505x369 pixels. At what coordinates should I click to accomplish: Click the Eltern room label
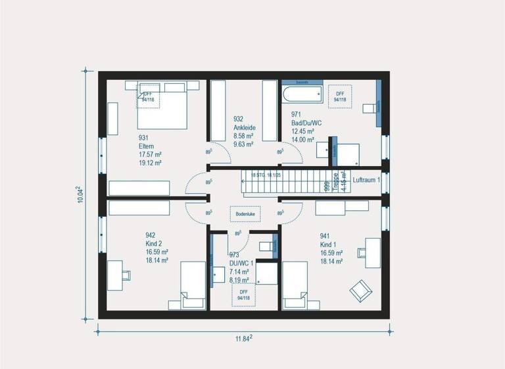(146, 146)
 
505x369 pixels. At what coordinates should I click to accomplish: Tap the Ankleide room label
(244, 128)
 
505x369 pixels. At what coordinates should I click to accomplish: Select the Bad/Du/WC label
(306, 123)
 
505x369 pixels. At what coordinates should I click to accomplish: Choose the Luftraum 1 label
(366, 180)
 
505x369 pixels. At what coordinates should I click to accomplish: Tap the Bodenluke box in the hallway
(245, 213)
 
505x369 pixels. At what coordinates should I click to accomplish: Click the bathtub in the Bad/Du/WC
(303, 94)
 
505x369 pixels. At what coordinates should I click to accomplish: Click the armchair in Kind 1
(360, 289)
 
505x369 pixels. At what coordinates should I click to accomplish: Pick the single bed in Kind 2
(194, 285)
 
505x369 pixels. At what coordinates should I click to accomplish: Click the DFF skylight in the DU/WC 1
(243, 295)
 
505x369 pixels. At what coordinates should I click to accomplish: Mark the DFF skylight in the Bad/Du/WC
(340, 97)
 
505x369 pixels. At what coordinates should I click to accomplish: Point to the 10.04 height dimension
(80, 194)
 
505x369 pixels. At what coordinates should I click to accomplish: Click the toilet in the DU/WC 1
(266, 246)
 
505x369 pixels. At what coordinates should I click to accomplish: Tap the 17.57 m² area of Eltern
(150, 154)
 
